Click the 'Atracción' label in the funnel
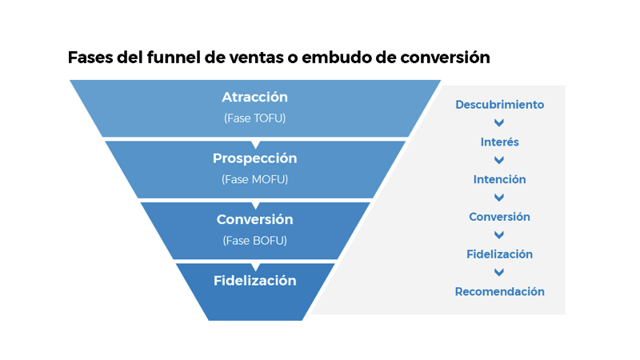[254, 98]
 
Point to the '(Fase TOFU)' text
[254, 118]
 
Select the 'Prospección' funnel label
[254, 158]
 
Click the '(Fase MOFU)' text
[254, 179]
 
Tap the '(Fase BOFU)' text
[254, 240]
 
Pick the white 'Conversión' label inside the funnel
[254, 219]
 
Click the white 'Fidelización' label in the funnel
[254, 281]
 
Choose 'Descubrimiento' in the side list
[499, 105]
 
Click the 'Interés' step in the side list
[499, 142]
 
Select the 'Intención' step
[499, 179]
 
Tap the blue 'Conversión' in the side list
[499, 217]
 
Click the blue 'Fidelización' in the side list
[499, 254]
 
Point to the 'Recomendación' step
[499, 292]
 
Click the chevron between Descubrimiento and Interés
[499, 123]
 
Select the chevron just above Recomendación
[499, 273]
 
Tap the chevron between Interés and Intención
[499, 161]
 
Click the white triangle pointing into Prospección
[255, 144]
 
